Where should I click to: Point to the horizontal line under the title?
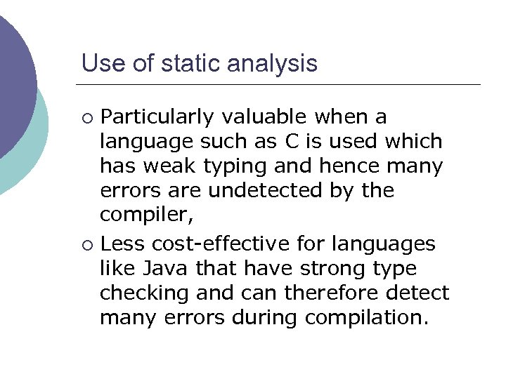coord(281,85)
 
